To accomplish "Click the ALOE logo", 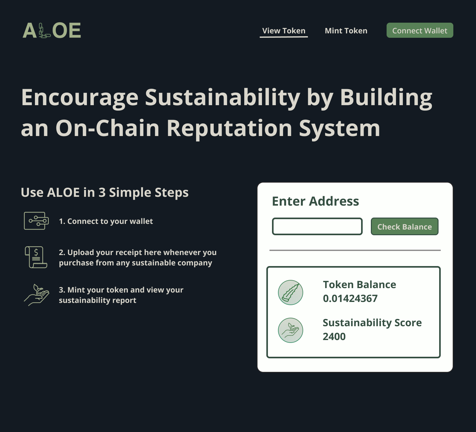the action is tap(52, 31).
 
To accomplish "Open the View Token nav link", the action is tap(284, 31).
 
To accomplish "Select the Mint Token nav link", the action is tap(346, 31).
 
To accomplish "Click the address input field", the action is tap(317, 226).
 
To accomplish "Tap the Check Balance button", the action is tap(405, 226).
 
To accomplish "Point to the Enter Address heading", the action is tap(315, 201).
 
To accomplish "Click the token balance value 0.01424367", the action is tap(350, 298).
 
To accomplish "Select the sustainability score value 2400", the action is tap(334, 337).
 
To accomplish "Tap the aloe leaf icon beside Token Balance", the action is tap(291, 293).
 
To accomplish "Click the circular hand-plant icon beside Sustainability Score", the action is tap(291, 330).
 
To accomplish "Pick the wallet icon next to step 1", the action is tap(37, 221).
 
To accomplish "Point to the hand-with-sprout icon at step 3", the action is tap(37, 295).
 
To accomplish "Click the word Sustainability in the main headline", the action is tap(223, 98).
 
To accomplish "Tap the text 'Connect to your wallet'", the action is tap(110, 221).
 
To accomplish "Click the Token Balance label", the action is tap(360, 285).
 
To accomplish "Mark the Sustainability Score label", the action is tap(372, 323).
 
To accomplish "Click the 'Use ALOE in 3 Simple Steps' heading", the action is tap(105, 192).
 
